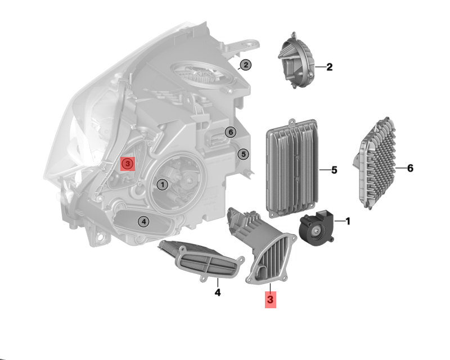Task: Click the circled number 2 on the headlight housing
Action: pyautogui.click(x=246, y=65)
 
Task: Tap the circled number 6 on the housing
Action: pyautogui.click(x=231, y=132)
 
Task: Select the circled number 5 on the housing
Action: pyautogui.click(x=244, y=154)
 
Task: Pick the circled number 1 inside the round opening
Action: pyautogui.click(x=163, y=184)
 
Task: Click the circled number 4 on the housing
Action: pyautogui.click(x=143, y=221)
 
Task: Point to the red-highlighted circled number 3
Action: pyautogui.click(x=128, y=164)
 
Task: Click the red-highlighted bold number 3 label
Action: pyautogui.click(x=271, y=300)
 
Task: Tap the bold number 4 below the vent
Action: pyautogui.click(x=218, y=292)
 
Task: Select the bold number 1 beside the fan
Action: pyautogui.click(x=348, y=221)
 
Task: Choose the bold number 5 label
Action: pyautogui.click(x=334, y=170)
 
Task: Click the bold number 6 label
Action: pyautogui.click(x=410, y=168)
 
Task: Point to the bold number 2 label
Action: pyautogui.click(x=330, y=67)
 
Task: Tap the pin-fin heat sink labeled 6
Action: pyautogui.click(x=375, y=163)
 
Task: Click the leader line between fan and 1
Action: pyautogui.click(x=340, y=221)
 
